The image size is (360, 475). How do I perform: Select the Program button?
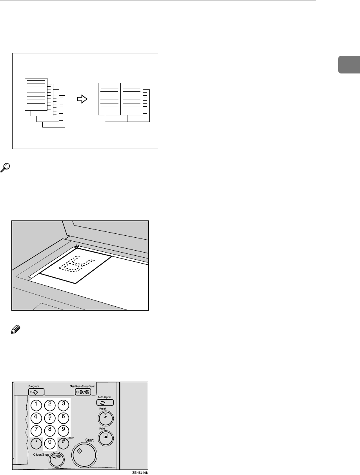(x=36, y=391)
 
